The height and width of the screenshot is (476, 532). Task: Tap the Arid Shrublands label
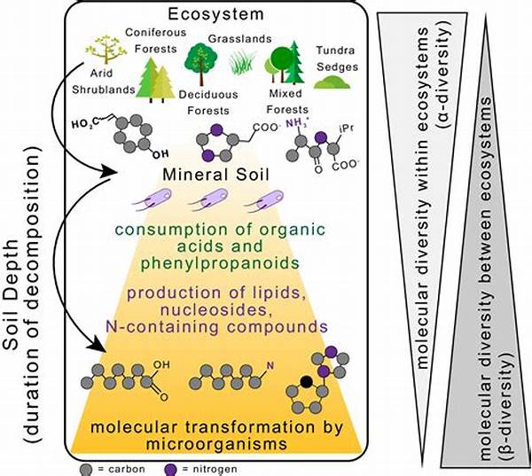point(109,78)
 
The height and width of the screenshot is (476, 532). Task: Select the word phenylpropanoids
point(213,263)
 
